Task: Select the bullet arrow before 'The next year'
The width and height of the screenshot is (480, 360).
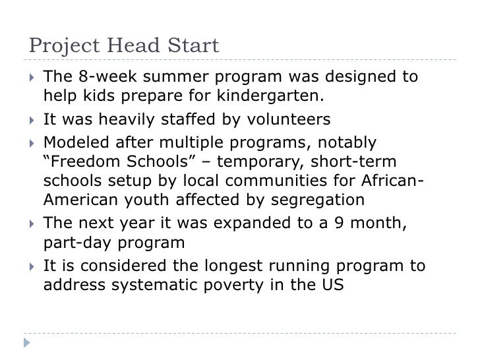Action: coord(30,223)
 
